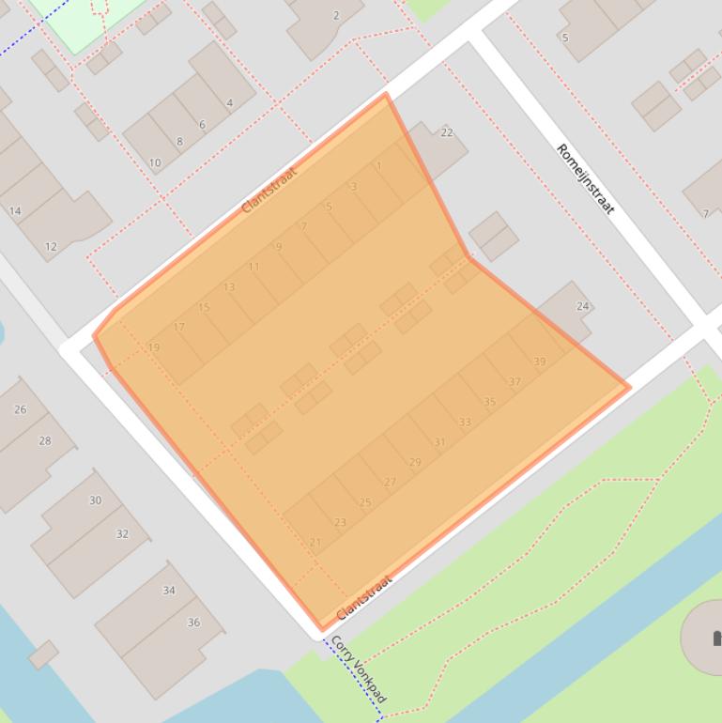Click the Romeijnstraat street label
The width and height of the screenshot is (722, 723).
tap(585, 178)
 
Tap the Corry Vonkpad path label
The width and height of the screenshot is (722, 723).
tap(359, 669)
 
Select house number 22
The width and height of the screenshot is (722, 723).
tap(447, 132)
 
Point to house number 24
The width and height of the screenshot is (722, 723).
tap(582, 306)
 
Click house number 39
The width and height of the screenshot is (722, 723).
tap(539, 361)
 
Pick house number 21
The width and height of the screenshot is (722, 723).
tap(315, 543)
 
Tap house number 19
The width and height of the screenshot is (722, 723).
tap(154, 347)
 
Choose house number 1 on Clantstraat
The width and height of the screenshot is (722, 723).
tap(379, 166)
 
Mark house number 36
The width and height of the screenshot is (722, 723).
tap(193, 622)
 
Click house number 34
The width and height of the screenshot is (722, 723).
tap(169, 591)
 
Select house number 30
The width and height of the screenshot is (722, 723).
tap(95, 500)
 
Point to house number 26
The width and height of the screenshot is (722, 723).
tap(21, 409)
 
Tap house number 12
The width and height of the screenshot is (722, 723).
tap(51, 247)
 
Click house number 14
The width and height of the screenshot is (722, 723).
tap(15, 211)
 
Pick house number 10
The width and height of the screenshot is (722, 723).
tap(155, 162)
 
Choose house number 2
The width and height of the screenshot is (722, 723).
tap(336, 15)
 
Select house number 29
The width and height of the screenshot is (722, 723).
tap(415, 462)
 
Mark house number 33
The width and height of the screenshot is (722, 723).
tap(465, 423)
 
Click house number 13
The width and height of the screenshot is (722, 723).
tap(229, 287)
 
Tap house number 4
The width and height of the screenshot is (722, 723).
tap(229, 103)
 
